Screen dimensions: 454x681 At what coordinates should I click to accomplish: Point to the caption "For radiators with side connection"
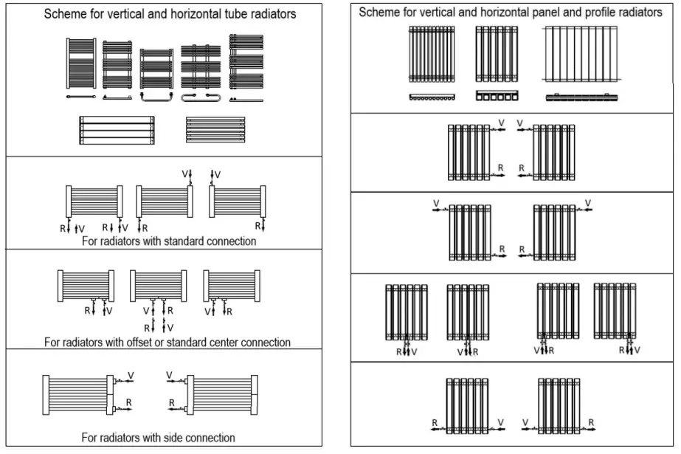coord(158,438)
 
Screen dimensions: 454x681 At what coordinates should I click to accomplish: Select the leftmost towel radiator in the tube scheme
coord(80,64)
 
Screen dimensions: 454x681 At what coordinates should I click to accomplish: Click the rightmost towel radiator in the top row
coord(246,62)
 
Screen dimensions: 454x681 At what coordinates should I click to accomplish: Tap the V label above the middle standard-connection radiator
coord(185,174)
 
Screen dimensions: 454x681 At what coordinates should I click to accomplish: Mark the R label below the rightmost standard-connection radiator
coord(259,226)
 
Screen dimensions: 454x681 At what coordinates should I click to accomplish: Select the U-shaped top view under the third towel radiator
coord(156,96)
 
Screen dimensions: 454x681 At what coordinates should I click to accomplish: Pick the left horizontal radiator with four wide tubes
coord(117,130)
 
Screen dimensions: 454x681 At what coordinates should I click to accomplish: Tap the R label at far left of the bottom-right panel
coord(435,422)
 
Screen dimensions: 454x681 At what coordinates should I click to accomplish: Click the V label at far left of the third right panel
coord(435,203)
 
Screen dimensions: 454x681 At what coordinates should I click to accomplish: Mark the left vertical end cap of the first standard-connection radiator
coord(69,201)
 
